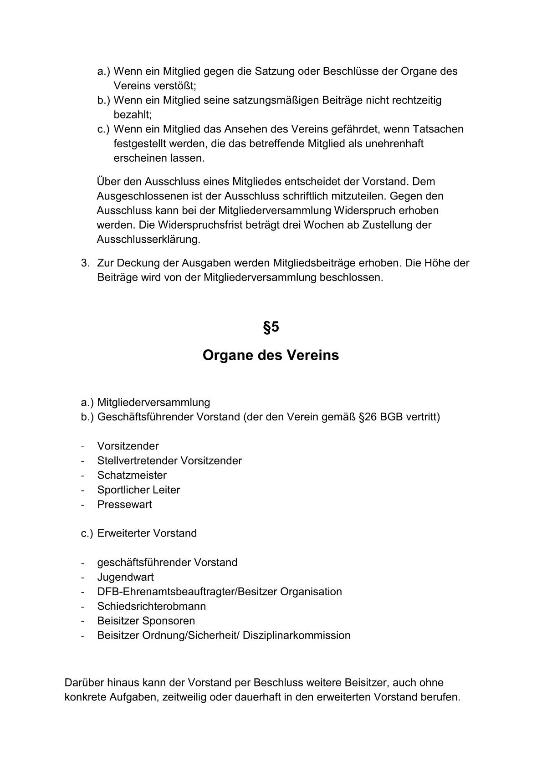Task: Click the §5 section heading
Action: (x=271, y=327)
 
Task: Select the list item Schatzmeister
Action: (x=132, y=475)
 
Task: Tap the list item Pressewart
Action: (x=124, y=504)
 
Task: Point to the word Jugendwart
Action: (x=125, y=577)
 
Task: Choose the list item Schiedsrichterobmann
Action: (x=151, y=606)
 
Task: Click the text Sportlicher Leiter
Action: (x=138, y=490)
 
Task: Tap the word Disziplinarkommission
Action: (x=297, y=635)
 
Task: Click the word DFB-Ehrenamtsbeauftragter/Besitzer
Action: (x=187, y=592)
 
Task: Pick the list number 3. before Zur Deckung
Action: (x=85, y=263)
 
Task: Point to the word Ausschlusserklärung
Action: (x=148, y=240)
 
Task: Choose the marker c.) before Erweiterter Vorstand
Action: (x=87, y=533)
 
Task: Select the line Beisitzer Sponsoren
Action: (x=146, y=621)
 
